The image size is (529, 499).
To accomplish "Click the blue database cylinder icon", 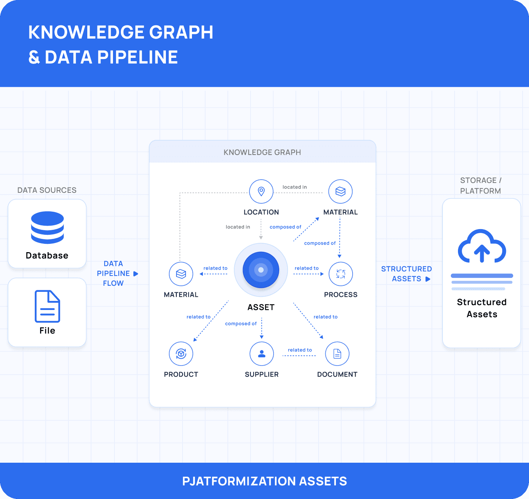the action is (x=47, y=227).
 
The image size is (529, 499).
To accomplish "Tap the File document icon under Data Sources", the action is (x=47, y=306).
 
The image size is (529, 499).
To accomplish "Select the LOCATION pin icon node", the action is (x=261, y=191).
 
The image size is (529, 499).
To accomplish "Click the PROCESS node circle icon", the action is (x=340, y=274).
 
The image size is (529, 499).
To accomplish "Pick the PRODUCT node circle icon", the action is (x=181, y=354).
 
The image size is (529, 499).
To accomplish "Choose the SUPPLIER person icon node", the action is (x=261, y=354).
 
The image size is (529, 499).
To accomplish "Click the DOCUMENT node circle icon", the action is (x=337, y=354).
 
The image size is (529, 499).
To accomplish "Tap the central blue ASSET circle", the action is (x=261, y=270).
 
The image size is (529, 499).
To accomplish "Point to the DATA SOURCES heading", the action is (x=47, y=190).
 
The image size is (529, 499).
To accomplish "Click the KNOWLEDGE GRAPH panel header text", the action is (x=262, y=152).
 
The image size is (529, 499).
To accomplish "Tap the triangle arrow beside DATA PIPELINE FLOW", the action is (x=136, y=274).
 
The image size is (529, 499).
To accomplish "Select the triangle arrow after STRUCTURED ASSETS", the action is (x=428, y=279).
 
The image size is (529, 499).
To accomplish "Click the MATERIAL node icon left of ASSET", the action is (x=181, y=274).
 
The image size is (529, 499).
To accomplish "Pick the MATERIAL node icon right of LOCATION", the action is (x=340, y=191).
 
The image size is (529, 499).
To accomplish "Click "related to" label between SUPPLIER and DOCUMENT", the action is (x=300, y=350).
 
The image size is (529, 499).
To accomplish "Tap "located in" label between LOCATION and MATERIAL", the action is (x=295, y=187).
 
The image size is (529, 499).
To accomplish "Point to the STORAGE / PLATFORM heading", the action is (x=481, y=186).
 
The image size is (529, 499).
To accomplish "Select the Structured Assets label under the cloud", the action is (x=482, y=308).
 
